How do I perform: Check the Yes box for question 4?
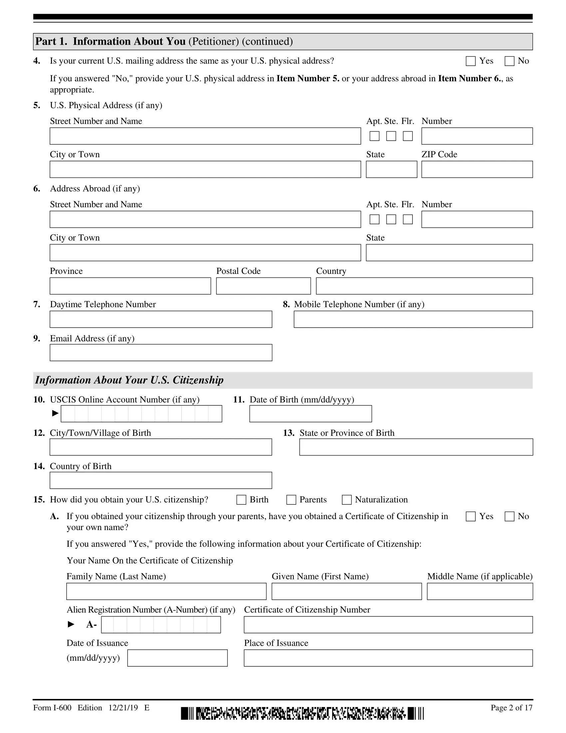[470, 61]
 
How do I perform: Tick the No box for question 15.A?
[509, 516]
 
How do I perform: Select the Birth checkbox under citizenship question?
[241, 500]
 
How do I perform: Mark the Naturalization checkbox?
[347, 500]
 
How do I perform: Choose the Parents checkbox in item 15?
[291, 500]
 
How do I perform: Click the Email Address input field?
[161, 353]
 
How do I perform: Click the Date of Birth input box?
[311, 413]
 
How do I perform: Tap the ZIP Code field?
[477, 170]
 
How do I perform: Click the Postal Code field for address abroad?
[263, 286]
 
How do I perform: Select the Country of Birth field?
[161, 480]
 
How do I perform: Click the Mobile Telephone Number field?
[413, 319]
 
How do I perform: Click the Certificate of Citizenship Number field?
[388, 625]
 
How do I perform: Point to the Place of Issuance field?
[388, 658]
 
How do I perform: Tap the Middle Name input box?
[480, 591]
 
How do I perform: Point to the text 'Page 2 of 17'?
[511, 707]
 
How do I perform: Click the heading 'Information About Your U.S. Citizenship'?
[130, 380]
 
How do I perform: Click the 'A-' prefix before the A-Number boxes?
[92, 625]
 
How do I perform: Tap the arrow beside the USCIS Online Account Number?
[55, 413]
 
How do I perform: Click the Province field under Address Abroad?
[131, 286]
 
